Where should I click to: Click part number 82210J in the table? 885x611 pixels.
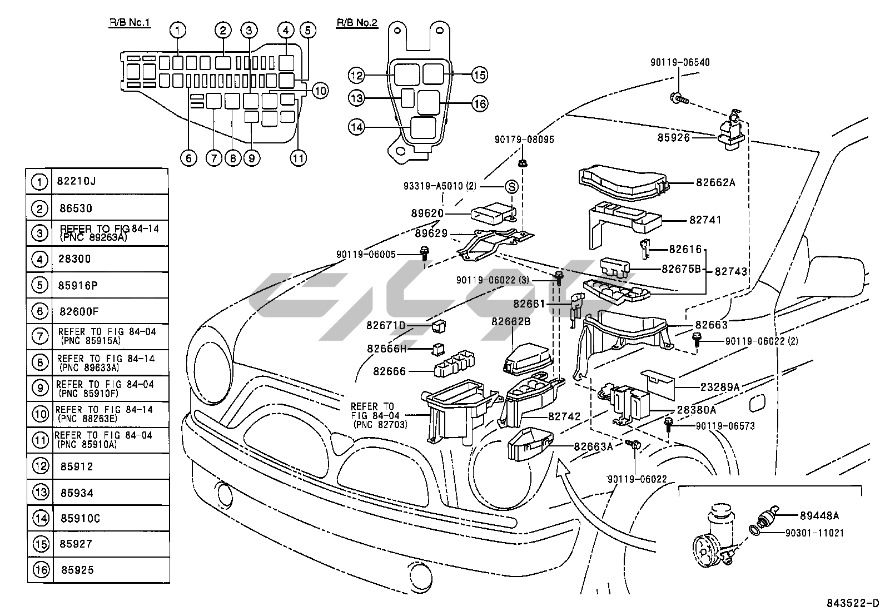[x=76, y=181]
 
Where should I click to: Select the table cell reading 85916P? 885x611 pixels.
[x=77, y=285]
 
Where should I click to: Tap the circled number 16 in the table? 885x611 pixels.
[x=40, y=570]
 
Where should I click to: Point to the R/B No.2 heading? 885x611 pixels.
[x=356, y=23]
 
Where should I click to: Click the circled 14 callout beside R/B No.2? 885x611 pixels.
[x=356, y=127]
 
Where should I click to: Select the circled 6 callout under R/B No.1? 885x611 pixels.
[x=188, y=158]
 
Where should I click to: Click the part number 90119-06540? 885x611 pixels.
[x=680, y=63]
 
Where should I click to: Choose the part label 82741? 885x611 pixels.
[x=705, y=220]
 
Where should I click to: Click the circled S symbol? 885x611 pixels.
[x=511, y=187]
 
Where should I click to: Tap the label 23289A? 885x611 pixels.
[x=712, y=386]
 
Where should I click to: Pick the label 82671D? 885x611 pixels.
[x=386, y=325]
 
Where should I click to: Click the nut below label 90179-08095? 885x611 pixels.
[x=523, y=163]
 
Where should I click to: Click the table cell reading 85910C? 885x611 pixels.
[x=80, y=519]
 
